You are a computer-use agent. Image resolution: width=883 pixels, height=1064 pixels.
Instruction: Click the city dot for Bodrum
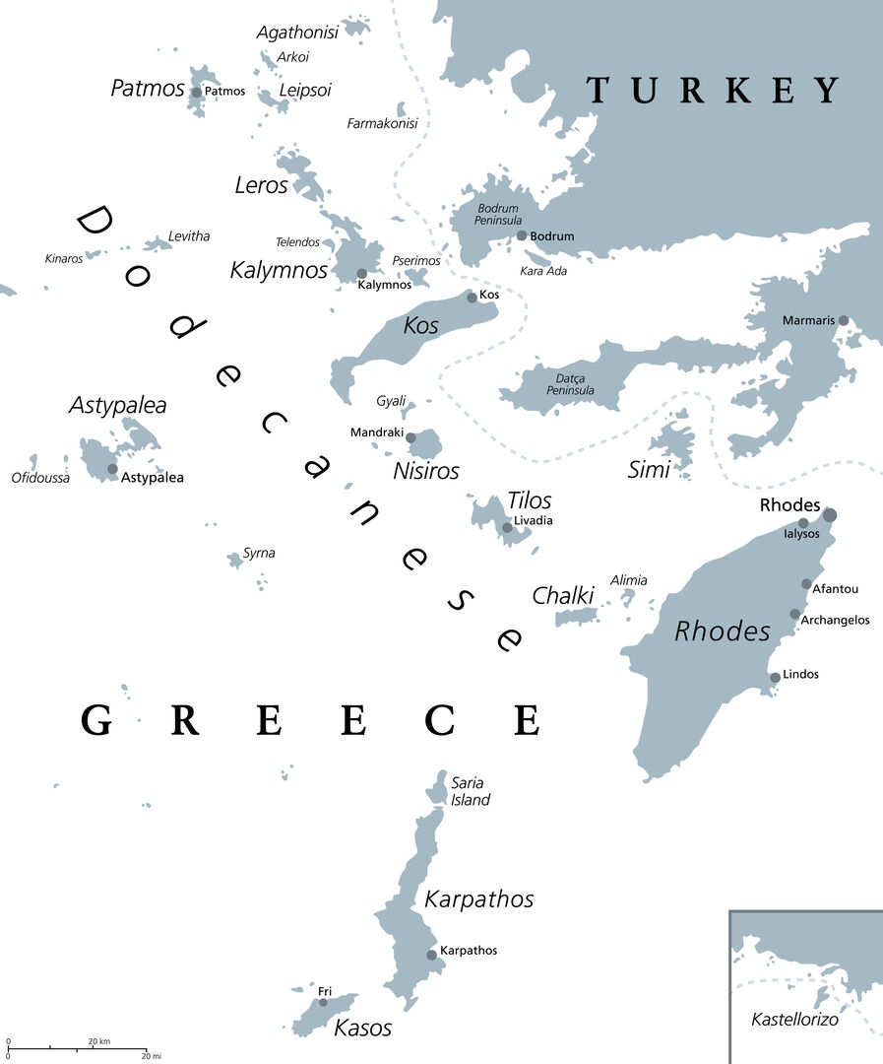tap(522, 235)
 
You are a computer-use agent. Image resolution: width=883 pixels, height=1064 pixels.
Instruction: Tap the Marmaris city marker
tap(844, 320)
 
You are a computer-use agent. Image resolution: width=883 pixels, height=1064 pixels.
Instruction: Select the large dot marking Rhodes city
tap(830, 514)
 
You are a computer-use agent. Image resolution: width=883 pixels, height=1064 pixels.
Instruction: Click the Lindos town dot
tap(776, 677)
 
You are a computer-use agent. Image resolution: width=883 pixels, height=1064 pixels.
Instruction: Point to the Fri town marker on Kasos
tap(323, 1002)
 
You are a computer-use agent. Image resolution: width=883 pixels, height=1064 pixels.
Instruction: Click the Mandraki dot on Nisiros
tap(410, 437)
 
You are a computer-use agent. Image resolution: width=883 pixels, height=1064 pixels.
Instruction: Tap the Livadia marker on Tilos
tap(507, 528)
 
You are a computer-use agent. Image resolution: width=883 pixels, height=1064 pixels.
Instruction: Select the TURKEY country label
tap(714, 90)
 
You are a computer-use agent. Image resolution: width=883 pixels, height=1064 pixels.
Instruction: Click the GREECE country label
tap(310, 721)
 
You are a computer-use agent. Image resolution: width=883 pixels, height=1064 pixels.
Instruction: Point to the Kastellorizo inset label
tap(794, 1020)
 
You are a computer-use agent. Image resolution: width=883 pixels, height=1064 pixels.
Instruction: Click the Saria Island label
tap(470, 791)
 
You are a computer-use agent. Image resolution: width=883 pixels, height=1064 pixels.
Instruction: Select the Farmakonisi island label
tap(382, 123)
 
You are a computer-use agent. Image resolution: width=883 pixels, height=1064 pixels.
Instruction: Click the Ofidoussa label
tap(40, 478)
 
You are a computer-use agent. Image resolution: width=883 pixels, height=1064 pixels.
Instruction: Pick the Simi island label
tap(649, 470)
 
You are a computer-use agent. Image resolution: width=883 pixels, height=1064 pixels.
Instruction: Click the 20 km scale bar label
tap(98, 1040)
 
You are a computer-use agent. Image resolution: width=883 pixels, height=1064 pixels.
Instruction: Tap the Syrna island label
tap(259, 553)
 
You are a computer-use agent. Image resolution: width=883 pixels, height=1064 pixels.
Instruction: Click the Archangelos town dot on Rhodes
tap(794, 614)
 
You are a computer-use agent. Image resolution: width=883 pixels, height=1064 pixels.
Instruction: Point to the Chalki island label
tap(563, 596)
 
